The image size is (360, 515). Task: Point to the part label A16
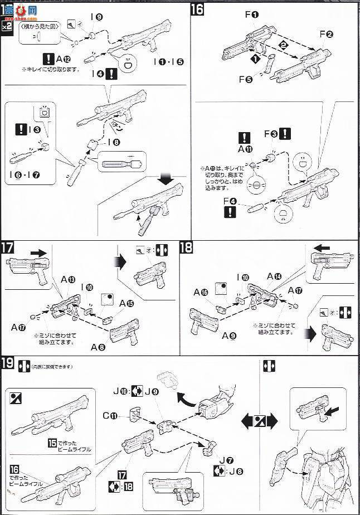click(x=201, y=292)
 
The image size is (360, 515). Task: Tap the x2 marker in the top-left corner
click(x=6, y=26)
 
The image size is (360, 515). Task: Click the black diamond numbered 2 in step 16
click(x=283, y=44)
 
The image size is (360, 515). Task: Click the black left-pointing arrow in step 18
click(x=322, y=246)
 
